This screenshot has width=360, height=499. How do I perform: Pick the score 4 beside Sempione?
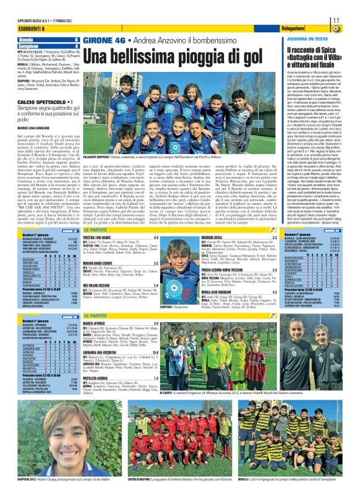click(x=76, y=45)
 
